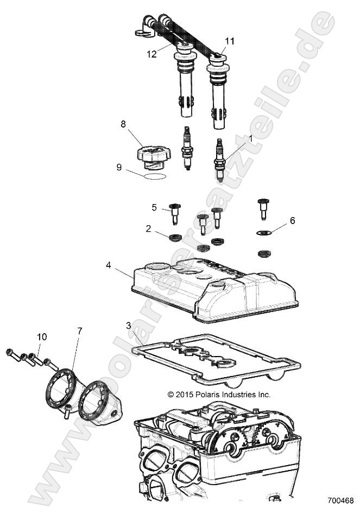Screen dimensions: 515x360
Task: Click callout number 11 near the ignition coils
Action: tap(230, 41)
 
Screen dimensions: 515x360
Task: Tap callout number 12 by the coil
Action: tap(151, 54)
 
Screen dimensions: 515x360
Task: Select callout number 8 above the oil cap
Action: tap(123, 124)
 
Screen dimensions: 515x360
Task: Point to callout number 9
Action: tap(119, 168)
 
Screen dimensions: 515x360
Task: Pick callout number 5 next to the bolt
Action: tap(154, 207)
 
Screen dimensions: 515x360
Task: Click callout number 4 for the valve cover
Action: tap(109, 265)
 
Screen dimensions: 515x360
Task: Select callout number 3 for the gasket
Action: tap(128, 326)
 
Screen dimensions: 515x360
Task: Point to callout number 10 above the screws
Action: tap(42, 337)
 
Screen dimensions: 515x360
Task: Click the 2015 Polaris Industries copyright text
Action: tap(219, 395)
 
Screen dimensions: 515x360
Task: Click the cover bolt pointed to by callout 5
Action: tap(175, 213)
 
